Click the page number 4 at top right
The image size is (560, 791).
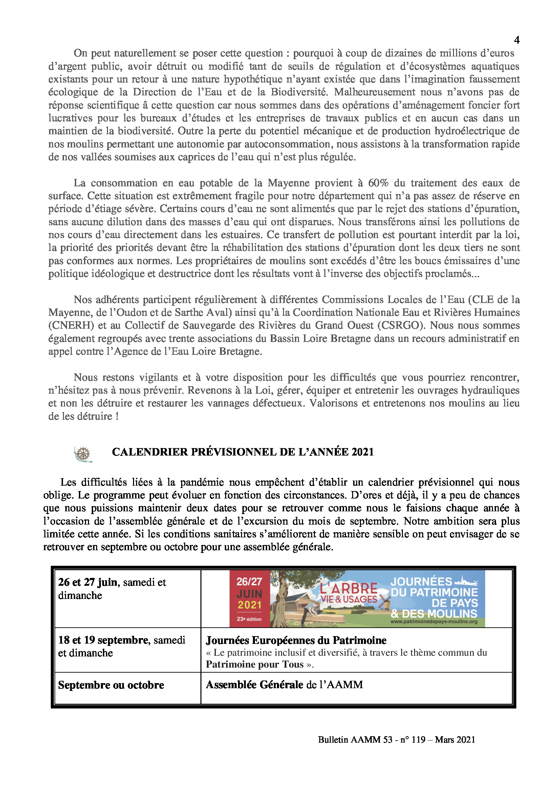pos(517,40)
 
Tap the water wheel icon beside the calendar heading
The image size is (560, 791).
pos(83,454)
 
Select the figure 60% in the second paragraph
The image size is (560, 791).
pos(378,183)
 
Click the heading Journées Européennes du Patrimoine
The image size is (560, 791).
pos(296,641)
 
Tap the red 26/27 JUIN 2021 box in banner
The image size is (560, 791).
pos(249,599)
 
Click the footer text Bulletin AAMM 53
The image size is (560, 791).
pos(355,740)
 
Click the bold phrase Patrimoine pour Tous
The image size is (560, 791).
pos(255,664)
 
